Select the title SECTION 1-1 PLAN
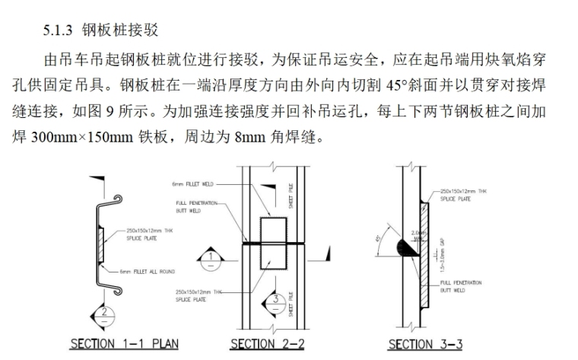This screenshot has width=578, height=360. [124, 344]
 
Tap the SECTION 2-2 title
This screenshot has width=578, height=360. [267, 344]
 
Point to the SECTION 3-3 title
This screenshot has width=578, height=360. [421, 344]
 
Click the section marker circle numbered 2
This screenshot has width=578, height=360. [106, 311]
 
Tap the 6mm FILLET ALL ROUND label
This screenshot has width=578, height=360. [147, 271]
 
